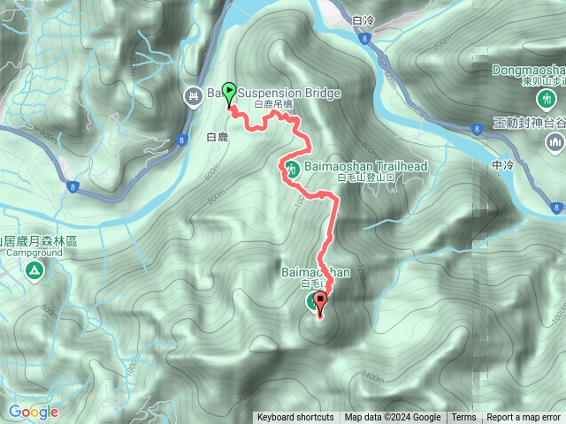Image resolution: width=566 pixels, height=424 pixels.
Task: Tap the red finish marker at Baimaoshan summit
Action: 320,303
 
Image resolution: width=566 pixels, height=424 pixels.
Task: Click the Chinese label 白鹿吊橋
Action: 272,105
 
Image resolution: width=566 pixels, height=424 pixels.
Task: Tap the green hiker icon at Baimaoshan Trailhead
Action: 291,169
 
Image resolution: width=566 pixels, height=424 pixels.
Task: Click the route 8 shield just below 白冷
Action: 364,38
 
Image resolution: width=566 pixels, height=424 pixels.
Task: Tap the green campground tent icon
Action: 33,269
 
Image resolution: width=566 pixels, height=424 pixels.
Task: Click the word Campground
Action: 33,252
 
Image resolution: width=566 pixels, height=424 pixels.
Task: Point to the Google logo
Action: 33,412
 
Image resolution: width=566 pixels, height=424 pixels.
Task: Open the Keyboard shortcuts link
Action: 295,418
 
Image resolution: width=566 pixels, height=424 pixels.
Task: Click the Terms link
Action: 463,418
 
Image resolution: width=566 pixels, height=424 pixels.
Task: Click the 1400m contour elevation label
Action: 371,377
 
